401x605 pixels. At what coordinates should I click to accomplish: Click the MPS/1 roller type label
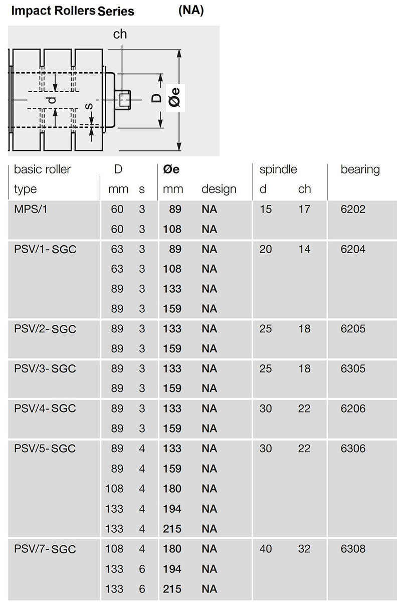31,210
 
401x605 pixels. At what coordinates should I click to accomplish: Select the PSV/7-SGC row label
45,549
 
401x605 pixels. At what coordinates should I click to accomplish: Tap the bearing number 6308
353,549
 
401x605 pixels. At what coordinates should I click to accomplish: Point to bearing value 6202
353,210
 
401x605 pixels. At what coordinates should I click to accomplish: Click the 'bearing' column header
360,170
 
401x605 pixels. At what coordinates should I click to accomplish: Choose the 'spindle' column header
278,170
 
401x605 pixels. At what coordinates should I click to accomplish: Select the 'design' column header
219,189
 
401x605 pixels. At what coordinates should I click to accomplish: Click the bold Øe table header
171,169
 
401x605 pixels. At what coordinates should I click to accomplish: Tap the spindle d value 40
266,549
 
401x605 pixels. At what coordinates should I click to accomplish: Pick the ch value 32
304,549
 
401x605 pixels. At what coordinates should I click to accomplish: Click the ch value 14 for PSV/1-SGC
304,249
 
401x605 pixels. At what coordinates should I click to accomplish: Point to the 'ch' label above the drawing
120,34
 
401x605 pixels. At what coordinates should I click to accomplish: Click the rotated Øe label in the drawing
175,98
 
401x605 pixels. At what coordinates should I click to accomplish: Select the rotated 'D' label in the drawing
156,98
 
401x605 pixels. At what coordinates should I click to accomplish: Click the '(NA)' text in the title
191,10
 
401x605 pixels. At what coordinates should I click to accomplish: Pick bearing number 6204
353,249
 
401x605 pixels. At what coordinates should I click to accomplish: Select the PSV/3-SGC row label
45,369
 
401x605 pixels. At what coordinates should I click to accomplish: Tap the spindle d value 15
266,210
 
